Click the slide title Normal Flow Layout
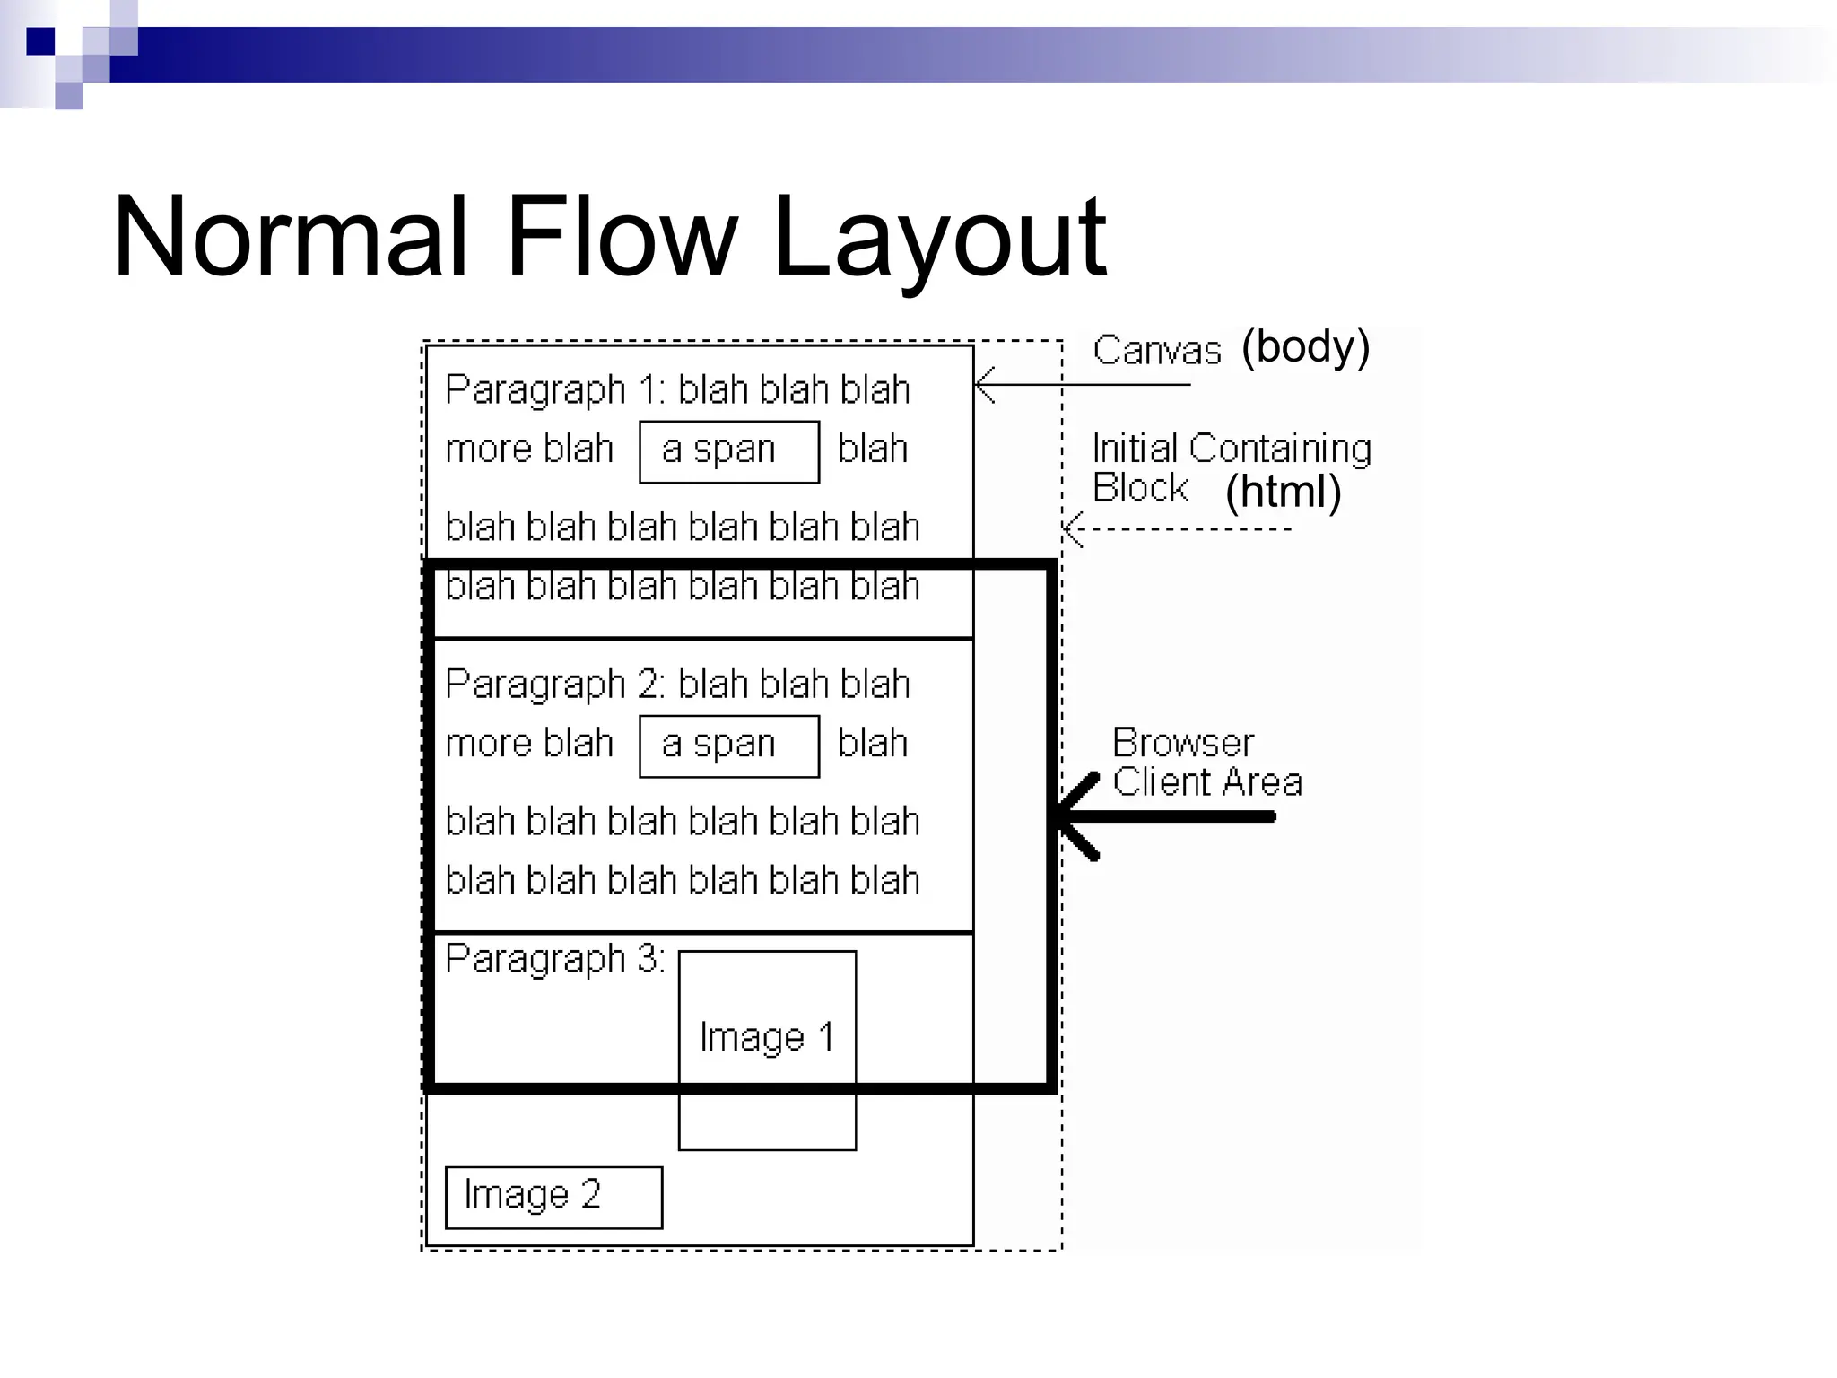point(610,237)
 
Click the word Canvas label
point(1156,350)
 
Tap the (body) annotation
point(1305,347)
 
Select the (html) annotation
point(1283,492)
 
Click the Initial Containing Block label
point(1231,467)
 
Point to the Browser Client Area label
point(1206,763)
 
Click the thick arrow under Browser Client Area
point(1166,816)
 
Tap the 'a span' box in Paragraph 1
point(728,451)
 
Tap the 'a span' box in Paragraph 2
point(728,746)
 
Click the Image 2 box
point(553,1197)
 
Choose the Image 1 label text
point(767,1038)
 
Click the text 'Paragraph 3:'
point(554,959)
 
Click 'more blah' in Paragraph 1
point(529,449)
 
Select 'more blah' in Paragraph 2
point(529,744)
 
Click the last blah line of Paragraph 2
point(683,880)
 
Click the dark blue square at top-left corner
point(40,41)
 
